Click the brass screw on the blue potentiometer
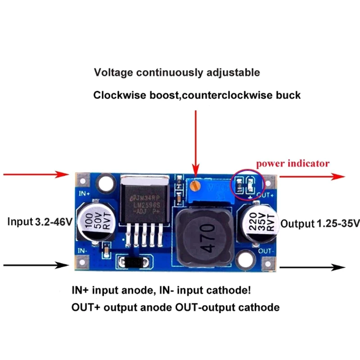point(195,184)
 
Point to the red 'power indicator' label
point(293,163)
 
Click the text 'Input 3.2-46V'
point(40,222)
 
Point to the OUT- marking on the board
point(266,250)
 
